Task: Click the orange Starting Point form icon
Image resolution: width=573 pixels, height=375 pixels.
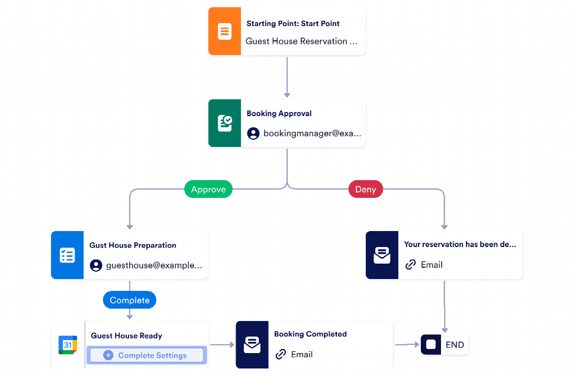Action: (x=224, y=31)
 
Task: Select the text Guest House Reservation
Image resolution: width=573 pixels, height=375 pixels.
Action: (x=301, y=41)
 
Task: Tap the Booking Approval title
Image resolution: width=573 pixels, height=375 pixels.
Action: (x=279, y=114)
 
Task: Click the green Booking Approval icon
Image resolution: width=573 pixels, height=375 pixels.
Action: (x=224, y=123)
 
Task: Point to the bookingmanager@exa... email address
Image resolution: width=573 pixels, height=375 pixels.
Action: (x=311, y=134)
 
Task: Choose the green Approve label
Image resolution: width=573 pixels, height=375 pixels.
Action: (x=208, y=190)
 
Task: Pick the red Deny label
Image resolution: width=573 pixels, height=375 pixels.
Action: (x=365, y=190)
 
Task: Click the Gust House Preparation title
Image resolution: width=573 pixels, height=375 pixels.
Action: (x=133, y=245)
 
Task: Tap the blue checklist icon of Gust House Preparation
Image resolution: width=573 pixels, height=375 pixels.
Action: (x=67, y=255)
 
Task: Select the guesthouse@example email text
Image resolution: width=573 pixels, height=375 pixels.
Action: (x=154, y=266)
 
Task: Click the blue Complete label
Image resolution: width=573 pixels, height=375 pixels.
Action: (x=130, y=300)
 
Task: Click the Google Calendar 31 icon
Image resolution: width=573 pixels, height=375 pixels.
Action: (x=67, y=345)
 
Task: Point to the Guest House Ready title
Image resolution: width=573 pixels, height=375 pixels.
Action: (x=126, y=336)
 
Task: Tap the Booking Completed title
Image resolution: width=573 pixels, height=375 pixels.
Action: (x=310, y=334)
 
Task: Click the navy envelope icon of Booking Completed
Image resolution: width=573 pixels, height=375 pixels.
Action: (x=252, y=345)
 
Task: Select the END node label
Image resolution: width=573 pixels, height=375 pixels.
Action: (x=455, y=345)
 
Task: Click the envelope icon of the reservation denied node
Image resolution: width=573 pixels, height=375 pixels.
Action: (x=382, y=255)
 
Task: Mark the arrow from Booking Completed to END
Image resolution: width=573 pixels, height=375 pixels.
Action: (x=407, y=344)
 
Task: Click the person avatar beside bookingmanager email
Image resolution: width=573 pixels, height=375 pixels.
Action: (x=253, y=134)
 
